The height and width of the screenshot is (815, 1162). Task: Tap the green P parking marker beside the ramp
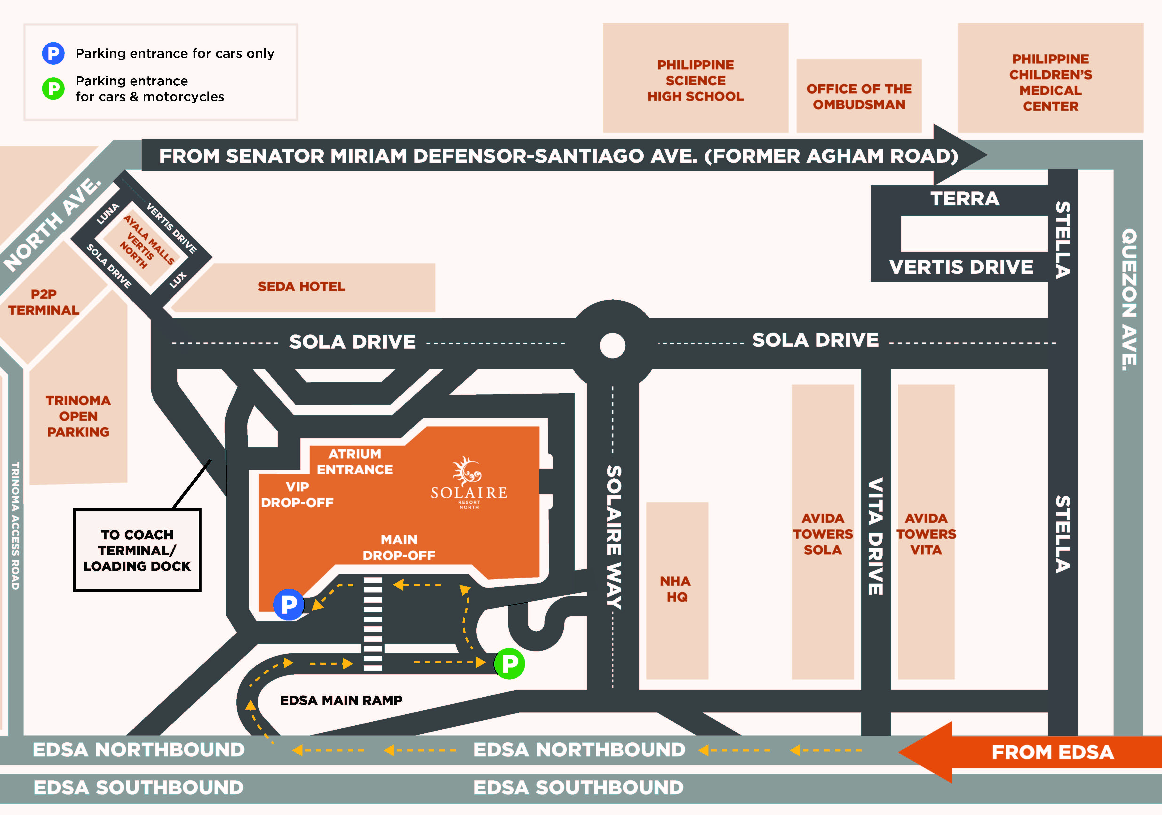509,663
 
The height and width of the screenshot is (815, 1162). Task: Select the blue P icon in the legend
53,53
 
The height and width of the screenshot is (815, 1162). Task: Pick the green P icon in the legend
53,89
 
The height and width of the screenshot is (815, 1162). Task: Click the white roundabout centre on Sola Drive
612,345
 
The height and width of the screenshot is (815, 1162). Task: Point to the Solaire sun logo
467,471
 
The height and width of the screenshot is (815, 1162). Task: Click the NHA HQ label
676,589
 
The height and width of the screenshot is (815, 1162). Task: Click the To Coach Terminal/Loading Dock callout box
137,550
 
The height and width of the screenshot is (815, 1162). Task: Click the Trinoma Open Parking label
78,416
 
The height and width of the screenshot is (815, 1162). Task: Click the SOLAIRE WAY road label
614,537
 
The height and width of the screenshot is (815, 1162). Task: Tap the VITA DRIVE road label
875,537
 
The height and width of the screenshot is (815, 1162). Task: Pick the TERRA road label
965,199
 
